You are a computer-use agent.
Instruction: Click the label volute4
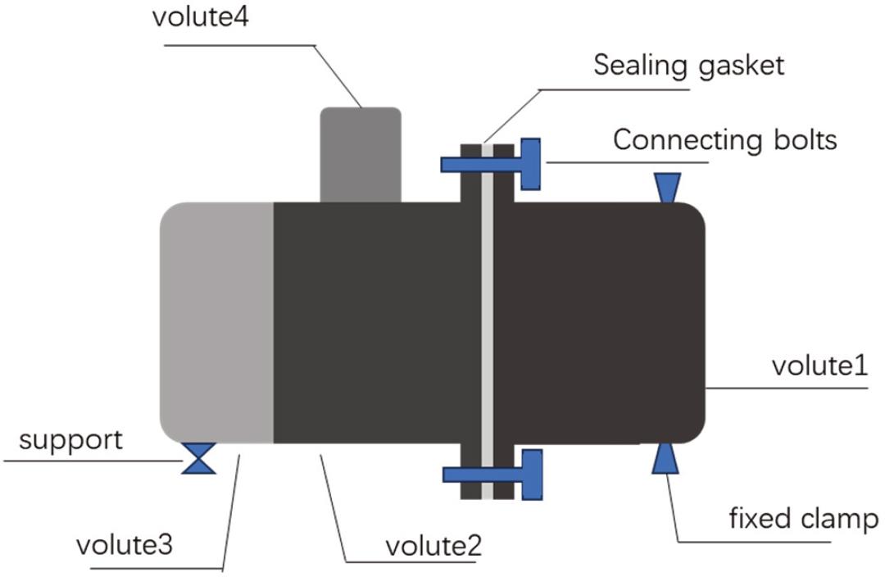tap(200, 19)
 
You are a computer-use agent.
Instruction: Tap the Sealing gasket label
tap(688, 64)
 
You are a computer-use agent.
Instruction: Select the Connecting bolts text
tap(724, 140)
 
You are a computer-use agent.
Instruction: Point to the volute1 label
tap(819, 366)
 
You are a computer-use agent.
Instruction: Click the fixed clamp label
tap(803, 519)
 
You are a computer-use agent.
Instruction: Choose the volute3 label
tap(125, 545)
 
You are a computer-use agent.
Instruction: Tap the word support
tap(70, 440)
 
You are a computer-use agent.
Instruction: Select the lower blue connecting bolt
tap(492, 474)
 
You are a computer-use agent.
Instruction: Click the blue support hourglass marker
tap(198, 458)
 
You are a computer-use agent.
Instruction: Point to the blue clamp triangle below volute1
tap(665, 459)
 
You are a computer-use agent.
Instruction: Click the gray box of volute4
tap(360, 154)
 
